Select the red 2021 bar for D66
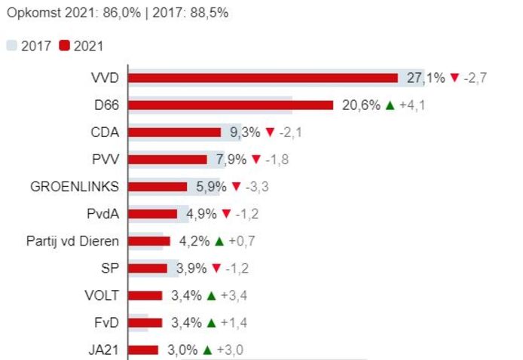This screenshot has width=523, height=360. [x=231, y=105]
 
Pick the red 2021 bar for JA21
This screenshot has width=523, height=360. [x=143, y=349]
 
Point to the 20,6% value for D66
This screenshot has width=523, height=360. [x=361, y=105]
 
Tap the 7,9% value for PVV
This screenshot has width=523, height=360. [x=231, y=159]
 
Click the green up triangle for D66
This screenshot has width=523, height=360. [x=390, y=105]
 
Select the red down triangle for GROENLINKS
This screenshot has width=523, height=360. [x=237, y=186]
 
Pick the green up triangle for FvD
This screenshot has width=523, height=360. [x=211, y=322]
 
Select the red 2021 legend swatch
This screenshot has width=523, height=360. [x=64, y=46]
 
